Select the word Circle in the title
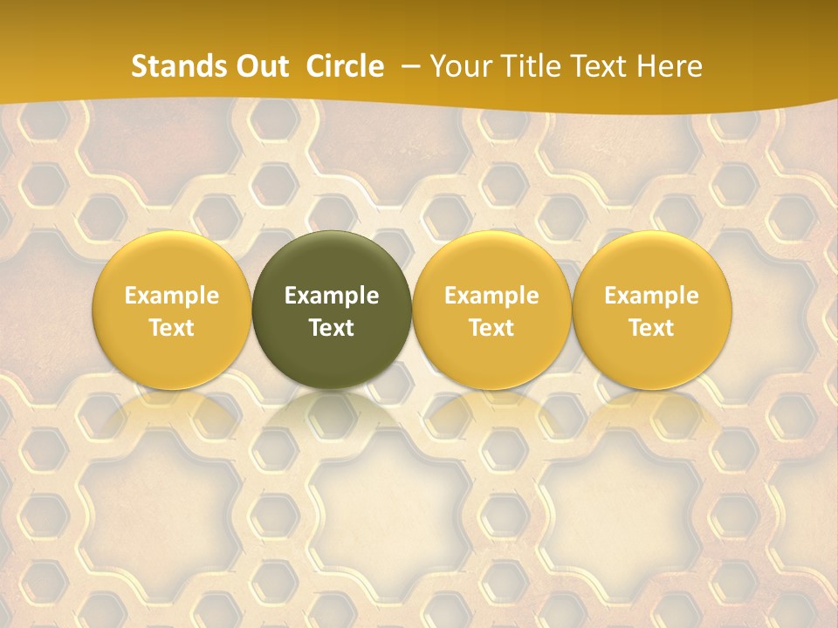click(x=345, y=66)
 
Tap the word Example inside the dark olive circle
click(x=332, y=296)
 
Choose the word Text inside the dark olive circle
click(x=332, y=328)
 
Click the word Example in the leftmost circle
click(x=172, y=296)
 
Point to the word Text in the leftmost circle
click(x=172, y=328)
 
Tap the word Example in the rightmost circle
click(x=652, y=296)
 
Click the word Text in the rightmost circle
click(x=652, y=328)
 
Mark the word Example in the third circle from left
click(x=491, y=296)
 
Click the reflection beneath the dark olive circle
click(x=332, y=414)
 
